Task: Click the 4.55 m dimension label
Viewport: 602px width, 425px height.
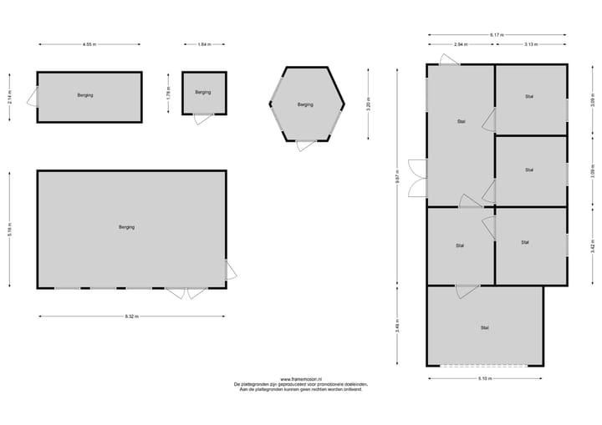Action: click(x=89, y=44)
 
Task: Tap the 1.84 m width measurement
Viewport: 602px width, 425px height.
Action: click(x=204, y=44)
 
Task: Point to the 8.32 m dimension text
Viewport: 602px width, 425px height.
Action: click(x=131, y=316)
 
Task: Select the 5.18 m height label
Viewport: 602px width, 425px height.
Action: click(x=9, y=230)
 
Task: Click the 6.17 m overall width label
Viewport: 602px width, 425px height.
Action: click(x=498, y=34)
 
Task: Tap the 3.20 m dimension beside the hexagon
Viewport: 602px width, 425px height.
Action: click(x=368, y=105)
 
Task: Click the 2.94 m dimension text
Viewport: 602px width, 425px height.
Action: click(x=461, y=44)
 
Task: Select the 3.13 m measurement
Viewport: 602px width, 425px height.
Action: click(x=531, y=44)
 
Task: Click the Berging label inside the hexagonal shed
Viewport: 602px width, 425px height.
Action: click(x=305, y=104)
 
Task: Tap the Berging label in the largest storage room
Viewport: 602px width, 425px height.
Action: click(x=126, y=227)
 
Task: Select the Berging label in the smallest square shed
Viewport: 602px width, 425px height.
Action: click(x=203, y=92)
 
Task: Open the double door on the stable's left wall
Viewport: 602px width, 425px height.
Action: click(x=416, y=178)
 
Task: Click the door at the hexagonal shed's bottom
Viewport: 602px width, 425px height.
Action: click(x=306, y=146)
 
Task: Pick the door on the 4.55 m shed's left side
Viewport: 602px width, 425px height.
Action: click(x=32, y=96)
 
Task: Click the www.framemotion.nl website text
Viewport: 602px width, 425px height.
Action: click(x=301, y=379)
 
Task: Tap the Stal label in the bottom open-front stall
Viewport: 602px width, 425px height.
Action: click(x=484, y=327)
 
